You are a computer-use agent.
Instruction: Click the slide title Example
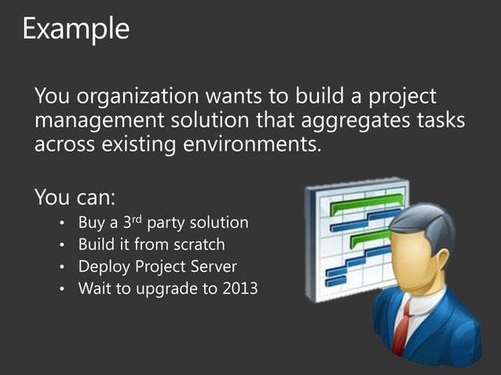[75, 29]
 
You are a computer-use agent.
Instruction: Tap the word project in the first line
[396, 98]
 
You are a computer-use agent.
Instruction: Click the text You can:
[75, 195]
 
